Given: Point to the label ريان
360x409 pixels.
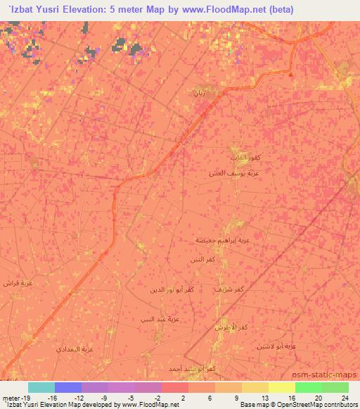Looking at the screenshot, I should point(200,93).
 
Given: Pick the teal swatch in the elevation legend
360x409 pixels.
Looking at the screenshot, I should point(41,387).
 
